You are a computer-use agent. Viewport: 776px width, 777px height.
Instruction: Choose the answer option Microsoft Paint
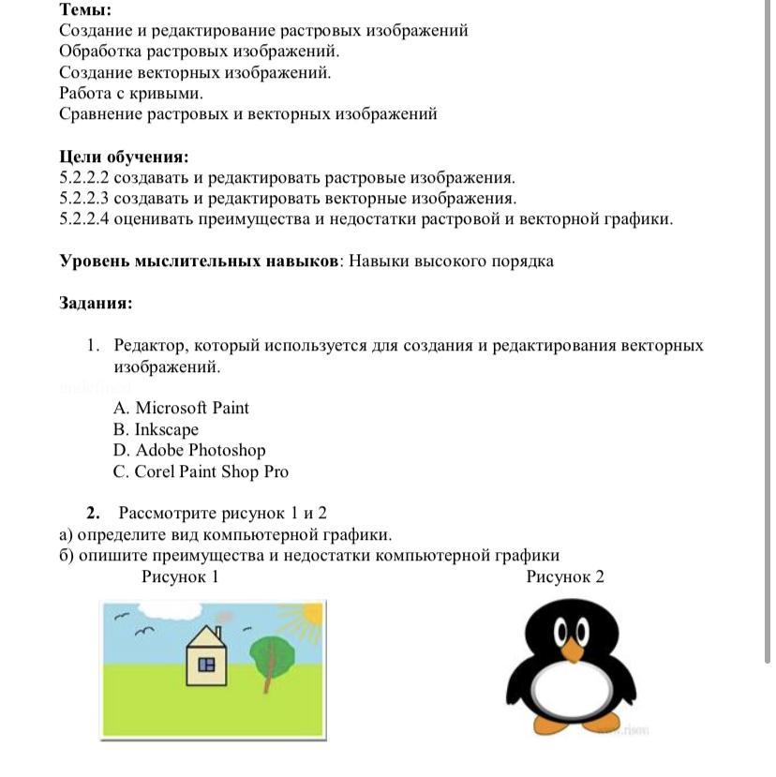pos(181,408)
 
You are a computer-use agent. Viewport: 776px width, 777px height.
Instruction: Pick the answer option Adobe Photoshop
pos(188,451)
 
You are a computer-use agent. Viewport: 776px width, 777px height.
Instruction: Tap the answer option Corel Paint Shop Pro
pos(200,471)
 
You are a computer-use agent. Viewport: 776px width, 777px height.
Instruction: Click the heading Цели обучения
pos(124,157)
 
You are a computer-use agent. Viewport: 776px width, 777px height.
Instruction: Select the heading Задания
pos(96,304)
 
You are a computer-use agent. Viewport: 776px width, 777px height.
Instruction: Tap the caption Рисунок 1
pos(180,576)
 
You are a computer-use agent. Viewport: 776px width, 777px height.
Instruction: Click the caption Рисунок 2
pos(565,576)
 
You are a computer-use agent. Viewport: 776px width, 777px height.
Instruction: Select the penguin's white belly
pos(572,689)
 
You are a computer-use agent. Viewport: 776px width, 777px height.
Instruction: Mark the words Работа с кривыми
pos(131,94)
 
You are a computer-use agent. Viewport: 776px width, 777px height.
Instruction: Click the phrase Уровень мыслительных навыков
pos(198,261)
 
